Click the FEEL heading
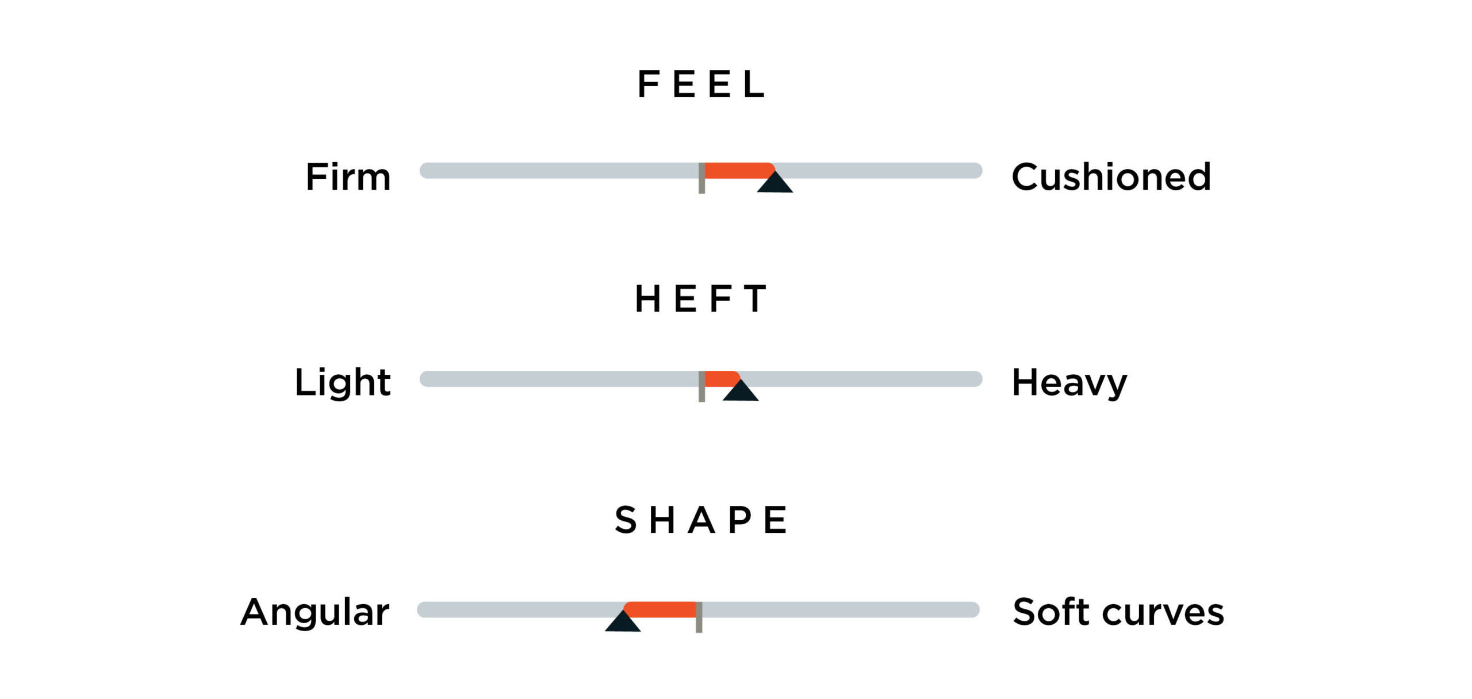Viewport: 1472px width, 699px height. pos(701,85)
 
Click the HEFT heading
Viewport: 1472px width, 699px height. pos(700,299)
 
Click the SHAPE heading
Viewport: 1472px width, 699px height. pos(700,520)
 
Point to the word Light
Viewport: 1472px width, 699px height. pos(343,382)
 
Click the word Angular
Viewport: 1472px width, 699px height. pos(315,613)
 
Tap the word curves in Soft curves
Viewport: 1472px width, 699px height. pos(1163,612)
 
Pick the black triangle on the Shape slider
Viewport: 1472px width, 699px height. pos(623,621)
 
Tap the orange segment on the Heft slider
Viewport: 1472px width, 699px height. pos(722,378)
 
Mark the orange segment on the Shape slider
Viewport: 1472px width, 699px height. pos(660,609)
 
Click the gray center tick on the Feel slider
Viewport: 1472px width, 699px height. pos(701,178)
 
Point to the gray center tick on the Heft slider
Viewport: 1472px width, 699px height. pos(701,386)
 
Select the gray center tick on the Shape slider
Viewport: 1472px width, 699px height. pos(699,617)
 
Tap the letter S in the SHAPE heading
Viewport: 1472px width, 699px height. pos(626,520)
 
